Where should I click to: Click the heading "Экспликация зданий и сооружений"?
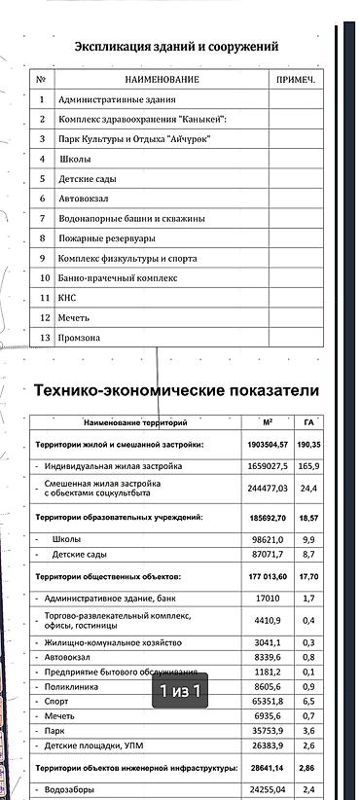(x=177, y=46)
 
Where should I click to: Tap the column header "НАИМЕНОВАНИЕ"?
(x=162, y=79)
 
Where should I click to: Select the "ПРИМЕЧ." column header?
(x=296, y=79)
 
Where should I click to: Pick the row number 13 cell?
(x=43, y=338)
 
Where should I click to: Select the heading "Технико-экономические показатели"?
(x=176, y=390)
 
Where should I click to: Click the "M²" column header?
(x=269, y=422)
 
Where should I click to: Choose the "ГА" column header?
(x=308, y=422)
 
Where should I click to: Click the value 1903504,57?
(x=268, y=445)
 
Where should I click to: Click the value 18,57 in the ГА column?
(x=308, y=518)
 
